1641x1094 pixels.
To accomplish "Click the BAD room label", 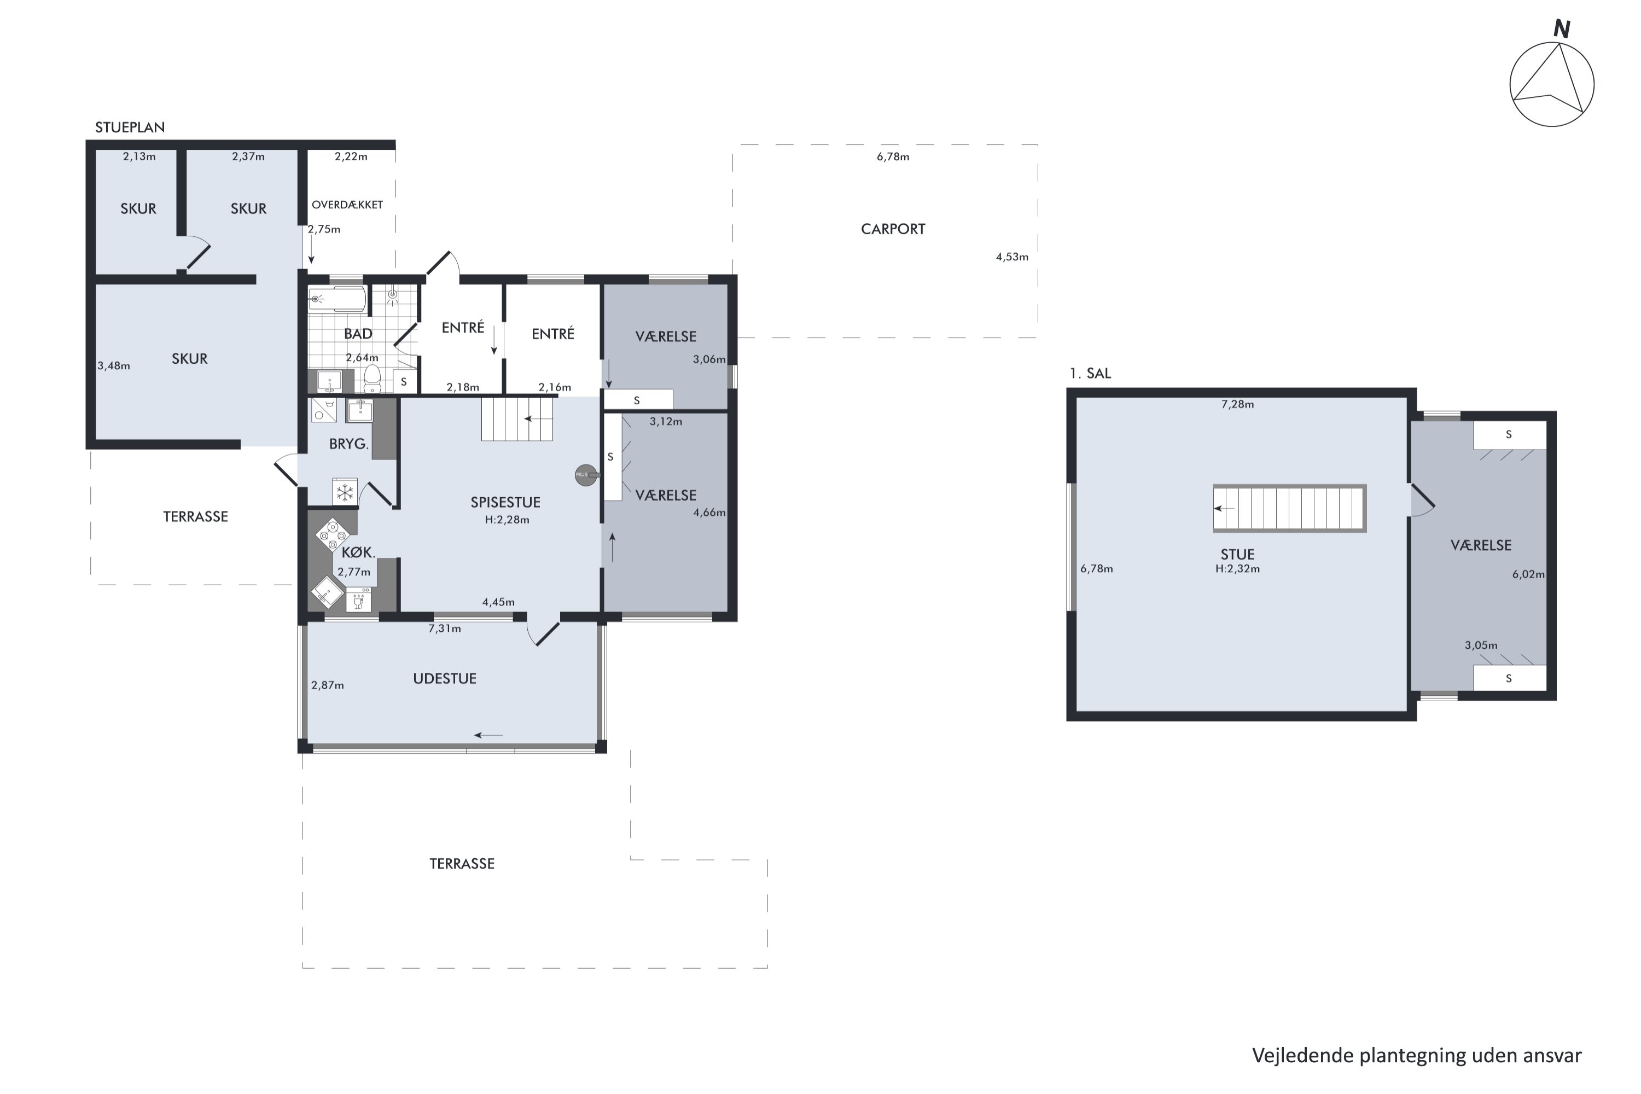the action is pos(358,334).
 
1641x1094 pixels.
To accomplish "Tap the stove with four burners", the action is pos(332,535).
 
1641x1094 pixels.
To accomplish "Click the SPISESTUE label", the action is pos(505,502).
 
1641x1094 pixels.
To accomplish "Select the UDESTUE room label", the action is pos(444,679).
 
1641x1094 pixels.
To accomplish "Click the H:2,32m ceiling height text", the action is pos(1237,569).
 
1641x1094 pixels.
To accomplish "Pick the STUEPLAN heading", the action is pos(130,127).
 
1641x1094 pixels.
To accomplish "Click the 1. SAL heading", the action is pos(1090,373).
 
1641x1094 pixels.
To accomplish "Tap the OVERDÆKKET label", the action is pos(347,205).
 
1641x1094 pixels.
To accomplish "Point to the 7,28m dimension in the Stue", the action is pos(1237,404).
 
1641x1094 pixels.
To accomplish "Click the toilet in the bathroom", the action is pos(372,379).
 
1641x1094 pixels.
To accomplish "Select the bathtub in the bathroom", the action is pos(337,299).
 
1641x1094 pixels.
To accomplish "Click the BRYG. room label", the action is pos(348,444).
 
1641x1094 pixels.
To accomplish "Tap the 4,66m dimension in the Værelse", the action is pos(709,512).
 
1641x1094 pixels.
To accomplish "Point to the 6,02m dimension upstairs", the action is pos(1528,574).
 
